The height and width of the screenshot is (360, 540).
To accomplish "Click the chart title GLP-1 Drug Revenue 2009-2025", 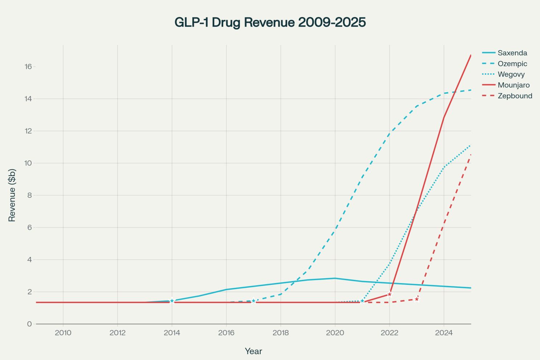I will point(270,22).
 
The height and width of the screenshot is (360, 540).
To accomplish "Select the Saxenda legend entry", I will point(512,53).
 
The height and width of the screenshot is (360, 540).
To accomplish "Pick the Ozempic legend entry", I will point(512,64).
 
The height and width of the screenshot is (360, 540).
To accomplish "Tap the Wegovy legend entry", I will point(511,74).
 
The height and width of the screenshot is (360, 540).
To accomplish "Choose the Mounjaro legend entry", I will point(513,85).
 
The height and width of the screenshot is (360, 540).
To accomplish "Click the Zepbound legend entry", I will point(515,96).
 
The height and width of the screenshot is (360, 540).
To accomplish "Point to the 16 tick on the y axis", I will point(29,66).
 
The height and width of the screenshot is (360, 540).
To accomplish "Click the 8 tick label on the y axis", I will point(29,195).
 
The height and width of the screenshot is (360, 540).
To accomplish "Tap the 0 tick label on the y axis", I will point(29,324).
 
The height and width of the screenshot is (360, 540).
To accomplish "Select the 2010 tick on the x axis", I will point(63,333).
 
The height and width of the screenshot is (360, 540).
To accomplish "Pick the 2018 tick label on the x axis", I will point(281,333).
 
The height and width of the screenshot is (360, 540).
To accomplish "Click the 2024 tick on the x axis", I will point(444,333).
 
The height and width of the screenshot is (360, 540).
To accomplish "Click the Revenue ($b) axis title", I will point(12,195).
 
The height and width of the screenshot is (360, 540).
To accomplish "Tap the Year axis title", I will point(253,351).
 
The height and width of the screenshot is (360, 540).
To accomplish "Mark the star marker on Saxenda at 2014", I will point(172,301).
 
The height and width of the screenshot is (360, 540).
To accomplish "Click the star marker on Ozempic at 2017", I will point(253,301).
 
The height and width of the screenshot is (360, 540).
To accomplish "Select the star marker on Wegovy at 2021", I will point(362,301).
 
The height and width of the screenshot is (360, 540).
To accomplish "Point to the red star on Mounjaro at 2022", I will point(389,294).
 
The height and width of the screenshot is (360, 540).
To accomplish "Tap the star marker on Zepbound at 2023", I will point(417,299).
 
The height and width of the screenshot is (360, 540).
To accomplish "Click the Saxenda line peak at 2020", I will point(335,278).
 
